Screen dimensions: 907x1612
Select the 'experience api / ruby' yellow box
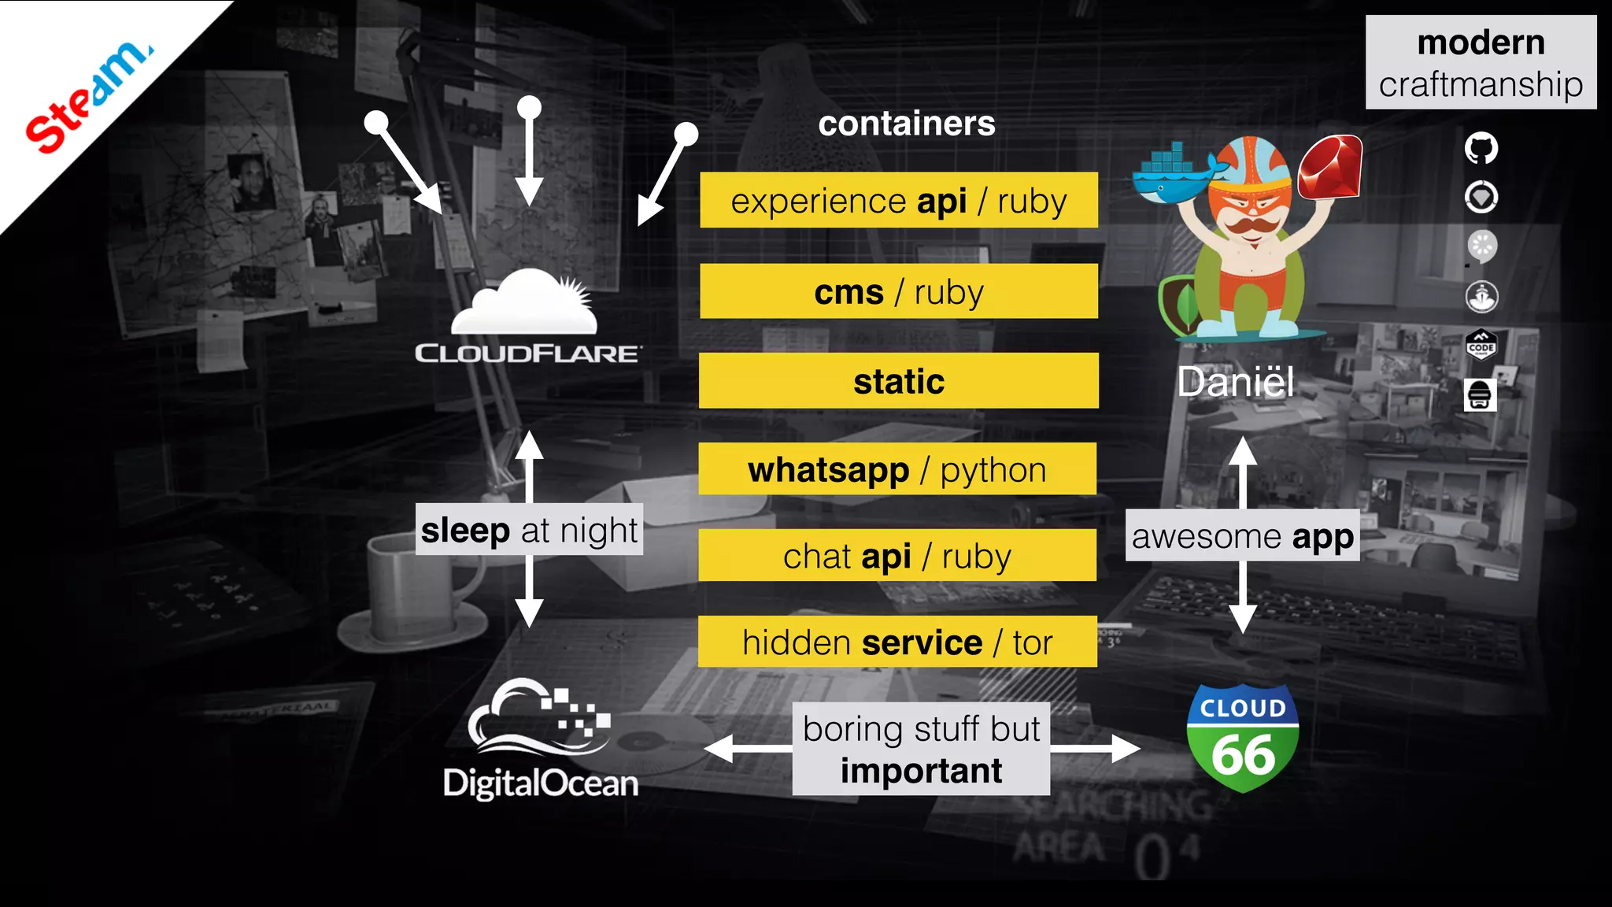click(x=899, y=201)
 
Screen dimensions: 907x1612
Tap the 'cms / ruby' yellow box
click(x=899, y=291)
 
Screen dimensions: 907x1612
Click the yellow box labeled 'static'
click(x=899, y=381)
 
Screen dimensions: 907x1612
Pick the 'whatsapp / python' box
click(x=897, y=469)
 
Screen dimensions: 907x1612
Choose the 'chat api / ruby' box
click(x=897, y=556)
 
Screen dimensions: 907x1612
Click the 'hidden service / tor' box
click(x=897, y=642)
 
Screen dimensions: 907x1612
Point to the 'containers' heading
click(x=907, y=124)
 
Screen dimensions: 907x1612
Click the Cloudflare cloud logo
click(x=526, y=303)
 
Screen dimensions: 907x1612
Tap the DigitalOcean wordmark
click(x=541, y=783)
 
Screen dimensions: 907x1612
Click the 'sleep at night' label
click(x=529, y=530)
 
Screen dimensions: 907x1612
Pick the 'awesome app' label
click(x=1242, y=536)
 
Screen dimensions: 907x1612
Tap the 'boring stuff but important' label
click(x=921, y=749)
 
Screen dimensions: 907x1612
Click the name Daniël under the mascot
click(x=1236, y=383)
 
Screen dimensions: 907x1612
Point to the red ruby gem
click(x=1329, y=166)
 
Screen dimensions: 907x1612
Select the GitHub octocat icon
click(x=1481, y=148)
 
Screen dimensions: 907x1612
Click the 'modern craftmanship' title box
click(x=1481, y=62)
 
